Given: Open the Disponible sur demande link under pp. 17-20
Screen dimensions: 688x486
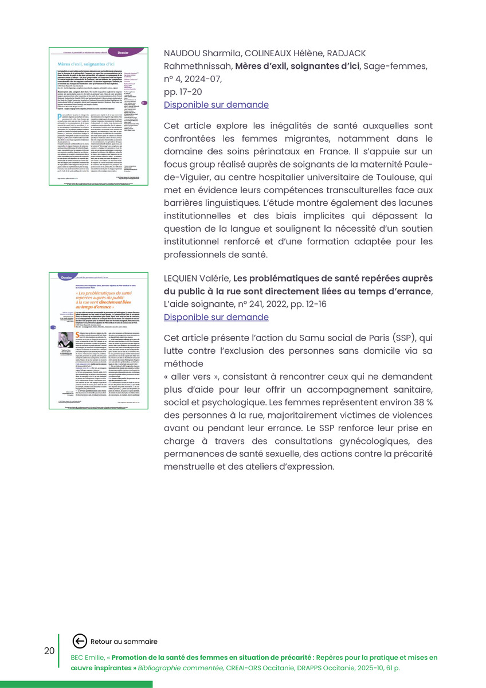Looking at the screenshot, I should point(216,105).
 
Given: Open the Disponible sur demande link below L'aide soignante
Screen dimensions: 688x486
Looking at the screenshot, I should point(216,317).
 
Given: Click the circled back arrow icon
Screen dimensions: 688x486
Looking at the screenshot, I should point(79,642).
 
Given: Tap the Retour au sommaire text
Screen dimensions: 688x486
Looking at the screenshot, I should point(124,642).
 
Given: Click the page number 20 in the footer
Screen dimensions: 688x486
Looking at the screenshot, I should point(49,651).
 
